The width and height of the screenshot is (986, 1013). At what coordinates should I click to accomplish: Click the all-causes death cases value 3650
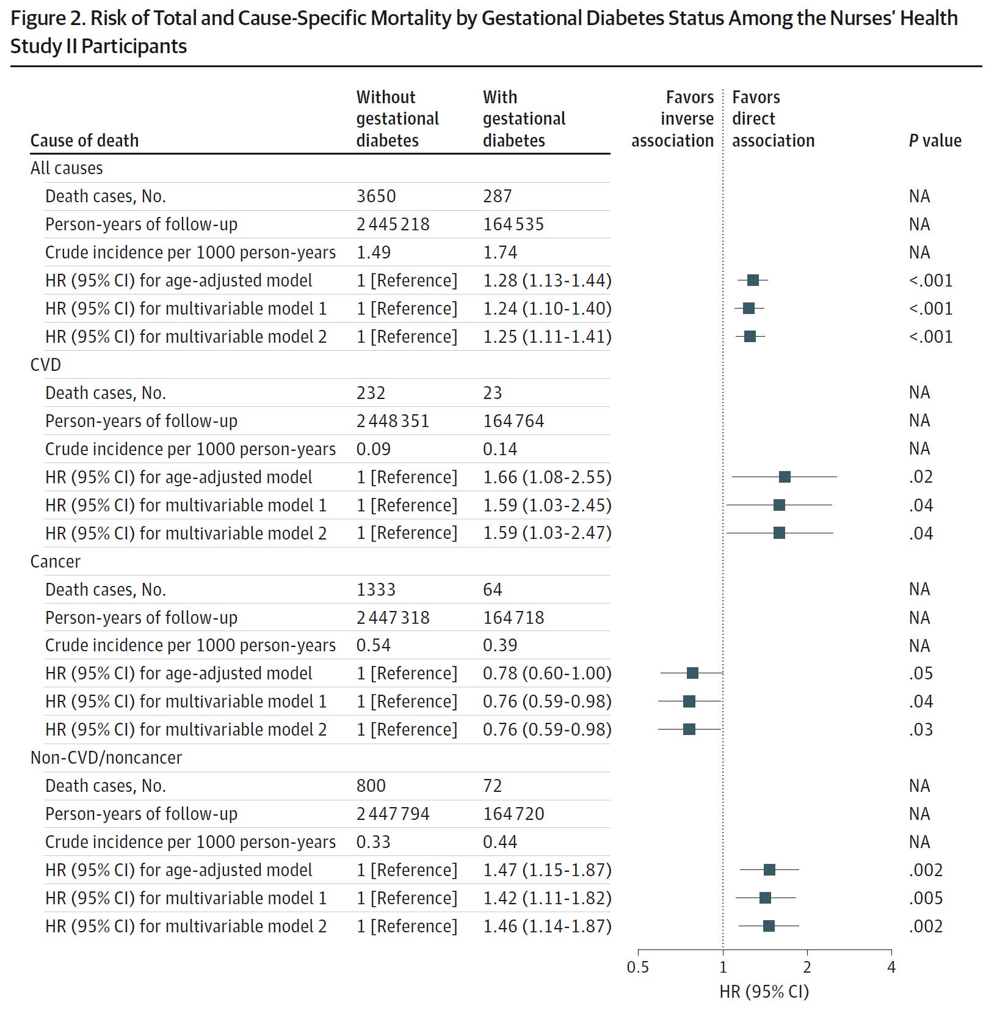click(376, 196)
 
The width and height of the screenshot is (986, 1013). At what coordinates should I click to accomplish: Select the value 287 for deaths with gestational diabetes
click(498, 196)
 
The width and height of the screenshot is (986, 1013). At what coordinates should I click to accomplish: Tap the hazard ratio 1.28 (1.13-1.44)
click(547, 280)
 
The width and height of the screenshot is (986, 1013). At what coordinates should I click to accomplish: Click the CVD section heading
click(46, 365)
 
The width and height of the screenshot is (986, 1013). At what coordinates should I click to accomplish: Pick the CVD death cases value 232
click(371, 393)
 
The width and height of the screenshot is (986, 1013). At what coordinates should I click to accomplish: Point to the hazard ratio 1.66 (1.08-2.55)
click(547, 477)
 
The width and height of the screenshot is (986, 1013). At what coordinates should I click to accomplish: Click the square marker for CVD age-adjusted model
click(785, 477)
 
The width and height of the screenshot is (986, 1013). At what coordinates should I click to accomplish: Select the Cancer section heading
click(56, 561)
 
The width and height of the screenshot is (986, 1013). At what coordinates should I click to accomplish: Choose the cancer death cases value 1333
click(376, 590)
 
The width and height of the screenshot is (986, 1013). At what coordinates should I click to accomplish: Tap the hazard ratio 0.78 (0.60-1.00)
click(547, 673)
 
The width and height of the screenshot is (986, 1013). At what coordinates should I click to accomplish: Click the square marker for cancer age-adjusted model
click(692, 673)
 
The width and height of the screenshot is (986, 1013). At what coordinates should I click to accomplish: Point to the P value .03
click(921, 730)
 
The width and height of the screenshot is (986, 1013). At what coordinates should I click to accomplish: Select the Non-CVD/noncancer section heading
click(106, 758)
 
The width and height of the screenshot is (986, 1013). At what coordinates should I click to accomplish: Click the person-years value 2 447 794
click(393, 814)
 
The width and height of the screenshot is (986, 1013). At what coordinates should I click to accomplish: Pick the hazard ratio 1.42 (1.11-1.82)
click(547, 898)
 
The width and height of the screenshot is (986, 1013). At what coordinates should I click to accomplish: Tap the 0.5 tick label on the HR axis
click(638, 967)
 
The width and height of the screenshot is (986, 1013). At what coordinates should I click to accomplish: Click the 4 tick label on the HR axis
click(891, 967)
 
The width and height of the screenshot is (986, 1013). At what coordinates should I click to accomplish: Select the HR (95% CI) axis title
click(764, 992)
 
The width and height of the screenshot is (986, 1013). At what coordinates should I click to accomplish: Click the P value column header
click(935, 141)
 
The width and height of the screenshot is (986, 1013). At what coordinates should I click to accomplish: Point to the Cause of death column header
click(85, 141)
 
